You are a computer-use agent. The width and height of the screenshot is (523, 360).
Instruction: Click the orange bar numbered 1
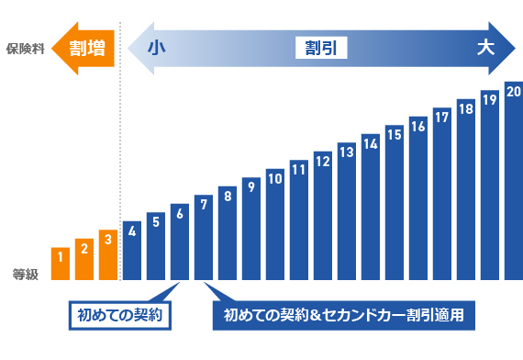pos(61,264)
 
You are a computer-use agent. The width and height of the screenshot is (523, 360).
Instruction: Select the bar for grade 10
pos(275,224)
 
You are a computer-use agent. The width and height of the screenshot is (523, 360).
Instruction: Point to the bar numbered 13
pos(347,211)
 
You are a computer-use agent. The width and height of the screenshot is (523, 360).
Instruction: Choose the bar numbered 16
pos(418,198)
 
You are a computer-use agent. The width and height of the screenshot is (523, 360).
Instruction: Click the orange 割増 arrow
pos(83,48)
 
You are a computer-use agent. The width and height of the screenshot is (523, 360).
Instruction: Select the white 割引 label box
pos(321,48)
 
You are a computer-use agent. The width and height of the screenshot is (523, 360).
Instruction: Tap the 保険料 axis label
pos(25,48)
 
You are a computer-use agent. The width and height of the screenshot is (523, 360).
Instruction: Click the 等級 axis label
pos(25,273)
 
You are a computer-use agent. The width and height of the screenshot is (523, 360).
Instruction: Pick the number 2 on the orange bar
pos(84,246)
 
